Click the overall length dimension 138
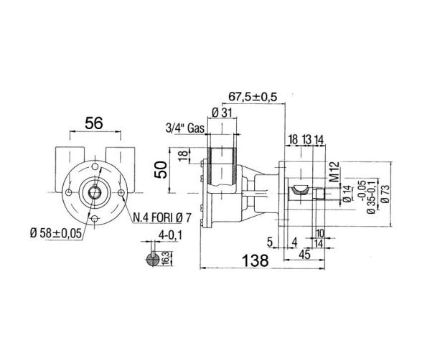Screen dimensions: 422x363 [255, 260]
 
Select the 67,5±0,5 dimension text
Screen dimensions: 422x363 [253, 97]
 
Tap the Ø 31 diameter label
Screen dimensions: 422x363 [222, 113]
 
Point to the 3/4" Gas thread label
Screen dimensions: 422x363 [185, 128]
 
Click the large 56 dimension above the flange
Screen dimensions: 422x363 [94, 123]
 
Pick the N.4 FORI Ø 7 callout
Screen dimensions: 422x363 [162, 217]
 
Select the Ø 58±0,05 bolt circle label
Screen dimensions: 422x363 [56, 233]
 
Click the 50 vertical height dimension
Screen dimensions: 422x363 [161, 170]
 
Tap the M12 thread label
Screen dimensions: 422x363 [334, 171]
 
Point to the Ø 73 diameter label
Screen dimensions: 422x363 [385, 194]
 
